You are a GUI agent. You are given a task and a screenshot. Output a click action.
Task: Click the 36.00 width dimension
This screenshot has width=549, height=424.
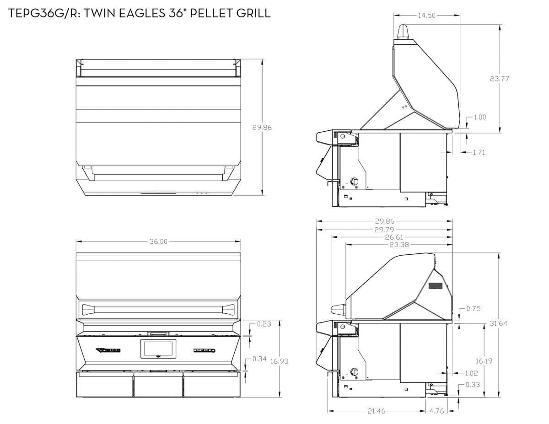pyautogui.click(x=158, y=242)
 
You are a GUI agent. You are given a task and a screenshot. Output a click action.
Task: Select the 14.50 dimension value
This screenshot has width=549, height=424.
pyautogui.click(x=426, y=16)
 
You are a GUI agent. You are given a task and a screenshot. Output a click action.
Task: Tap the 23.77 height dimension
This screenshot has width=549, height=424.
pyautogui.click(x=500, y=79)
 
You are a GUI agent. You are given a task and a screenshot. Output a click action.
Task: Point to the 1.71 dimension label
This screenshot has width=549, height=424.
pyautogui.click(x=479, y=152)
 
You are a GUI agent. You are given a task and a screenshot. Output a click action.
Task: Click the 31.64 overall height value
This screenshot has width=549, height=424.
pyautogui.click(x=499, y=323)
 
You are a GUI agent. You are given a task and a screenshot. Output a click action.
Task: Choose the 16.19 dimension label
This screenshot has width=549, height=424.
pyautogui.click(x=484, y=361)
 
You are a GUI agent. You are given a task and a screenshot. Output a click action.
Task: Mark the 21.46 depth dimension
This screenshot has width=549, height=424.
pyautogui.click(x=377, y=411)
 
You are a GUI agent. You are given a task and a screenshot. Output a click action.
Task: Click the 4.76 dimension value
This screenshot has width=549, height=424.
pyautogui.click(x=437, y=411)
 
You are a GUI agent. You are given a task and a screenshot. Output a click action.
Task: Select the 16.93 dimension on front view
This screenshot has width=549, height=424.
pyautogui.click(x=279, y=361)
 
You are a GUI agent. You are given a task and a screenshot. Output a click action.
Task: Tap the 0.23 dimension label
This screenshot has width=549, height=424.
pyautogui.click(x=264, y=324)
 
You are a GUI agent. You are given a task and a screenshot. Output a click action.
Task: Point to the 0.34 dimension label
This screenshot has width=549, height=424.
pyautogui.click(x=259, y=359)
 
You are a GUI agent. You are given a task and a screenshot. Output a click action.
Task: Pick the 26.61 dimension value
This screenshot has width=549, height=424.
pyautogui.click(x=384, y=237)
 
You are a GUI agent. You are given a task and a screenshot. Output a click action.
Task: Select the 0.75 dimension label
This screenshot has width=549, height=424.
pyautogui.click(x=474, y=309)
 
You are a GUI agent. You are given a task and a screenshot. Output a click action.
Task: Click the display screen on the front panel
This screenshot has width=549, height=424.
pyautogui.click(x=158, y=349)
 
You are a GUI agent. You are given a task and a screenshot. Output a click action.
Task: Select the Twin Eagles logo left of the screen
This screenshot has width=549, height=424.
pyautogui.click(x=108, y=350)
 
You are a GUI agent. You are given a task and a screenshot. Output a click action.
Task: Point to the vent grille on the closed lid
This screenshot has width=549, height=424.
pyautogui.click(x=436, y=286)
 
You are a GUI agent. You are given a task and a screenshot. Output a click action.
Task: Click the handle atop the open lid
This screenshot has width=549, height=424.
pyautogui.click(x=403, y=32)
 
